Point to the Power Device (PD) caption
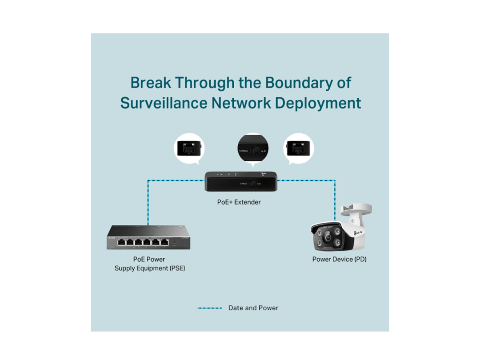339,259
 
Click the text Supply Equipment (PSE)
150,268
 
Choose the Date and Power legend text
253,308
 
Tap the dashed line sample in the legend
209,308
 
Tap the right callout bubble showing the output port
299,148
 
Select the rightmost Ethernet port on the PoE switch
164,242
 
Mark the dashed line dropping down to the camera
335,200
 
